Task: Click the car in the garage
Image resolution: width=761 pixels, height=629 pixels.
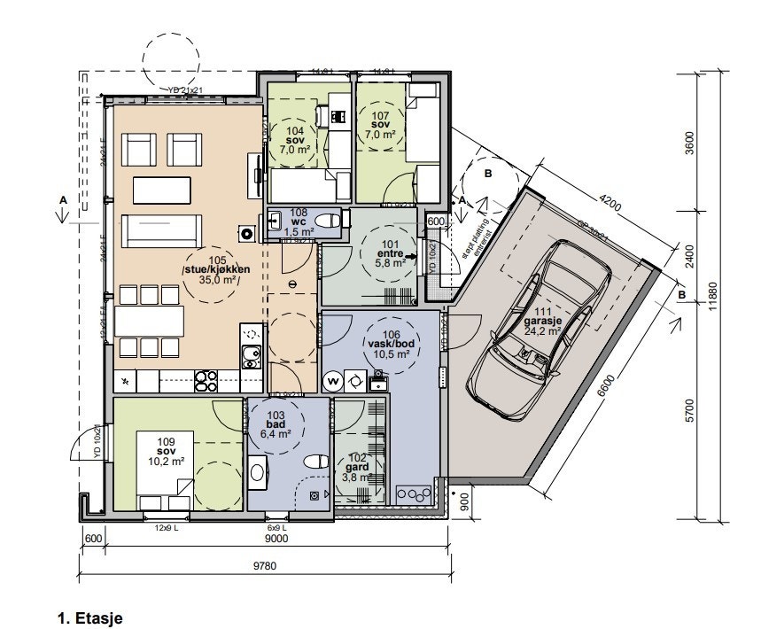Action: point(540,328)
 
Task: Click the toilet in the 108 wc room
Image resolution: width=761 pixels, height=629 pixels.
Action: point(327,221)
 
